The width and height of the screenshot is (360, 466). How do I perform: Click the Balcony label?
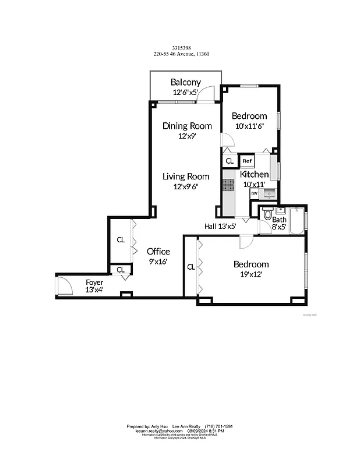point(185,82)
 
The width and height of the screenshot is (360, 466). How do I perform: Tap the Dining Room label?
point(187,126)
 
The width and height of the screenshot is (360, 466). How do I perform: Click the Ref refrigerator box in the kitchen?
point(247,161)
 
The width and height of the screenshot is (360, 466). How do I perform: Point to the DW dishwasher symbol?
point(255,193)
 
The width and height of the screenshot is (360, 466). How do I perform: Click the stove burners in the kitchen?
point(227,185)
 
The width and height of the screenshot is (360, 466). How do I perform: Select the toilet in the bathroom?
point(267,215)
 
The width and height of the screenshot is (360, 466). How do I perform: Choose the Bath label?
point(279,220)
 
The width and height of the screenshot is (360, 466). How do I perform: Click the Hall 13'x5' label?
point(220,226)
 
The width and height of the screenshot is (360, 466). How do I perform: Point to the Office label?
point(158,252)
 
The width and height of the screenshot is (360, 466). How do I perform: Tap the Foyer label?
point(94,282)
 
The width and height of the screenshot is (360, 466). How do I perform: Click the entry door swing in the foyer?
point(63,285)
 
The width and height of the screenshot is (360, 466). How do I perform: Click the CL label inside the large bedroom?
point(191,267)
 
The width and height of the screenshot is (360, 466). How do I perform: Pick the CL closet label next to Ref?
point(230,161)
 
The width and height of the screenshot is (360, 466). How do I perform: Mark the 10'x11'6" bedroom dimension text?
point(249,126)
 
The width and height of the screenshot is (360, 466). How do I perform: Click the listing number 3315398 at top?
point(181,49)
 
